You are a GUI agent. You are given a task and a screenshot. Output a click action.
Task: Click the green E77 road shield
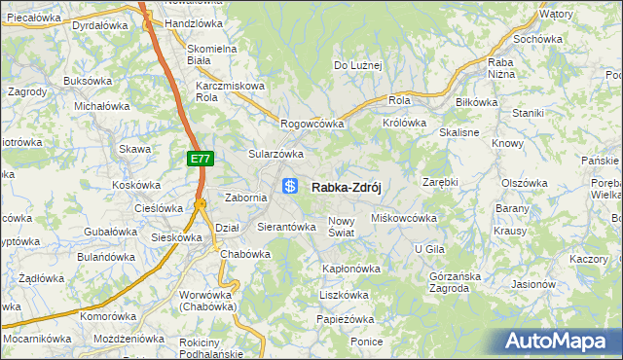click(200, 158)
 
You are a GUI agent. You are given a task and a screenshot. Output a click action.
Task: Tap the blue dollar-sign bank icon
click(290, 186)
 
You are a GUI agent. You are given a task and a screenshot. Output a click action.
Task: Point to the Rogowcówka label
click(312, 124)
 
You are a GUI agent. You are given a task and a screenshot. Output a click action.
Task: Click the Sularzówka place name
click(276, 154)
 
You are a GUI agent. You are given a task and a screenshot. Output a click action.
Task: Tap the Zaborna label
click(245, 198)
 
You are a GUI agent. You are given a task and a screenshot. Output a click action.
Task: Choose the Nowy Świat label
click(348, 227)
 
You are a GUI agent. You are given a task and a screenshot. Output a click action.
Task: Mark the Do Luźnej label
click(358, 66)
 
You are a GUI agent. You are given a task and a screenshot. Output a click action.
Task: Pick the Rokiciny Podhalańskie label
click(212, 335)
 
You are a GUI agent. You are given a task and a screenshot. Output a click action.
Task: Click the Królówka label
click(405, 124)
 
